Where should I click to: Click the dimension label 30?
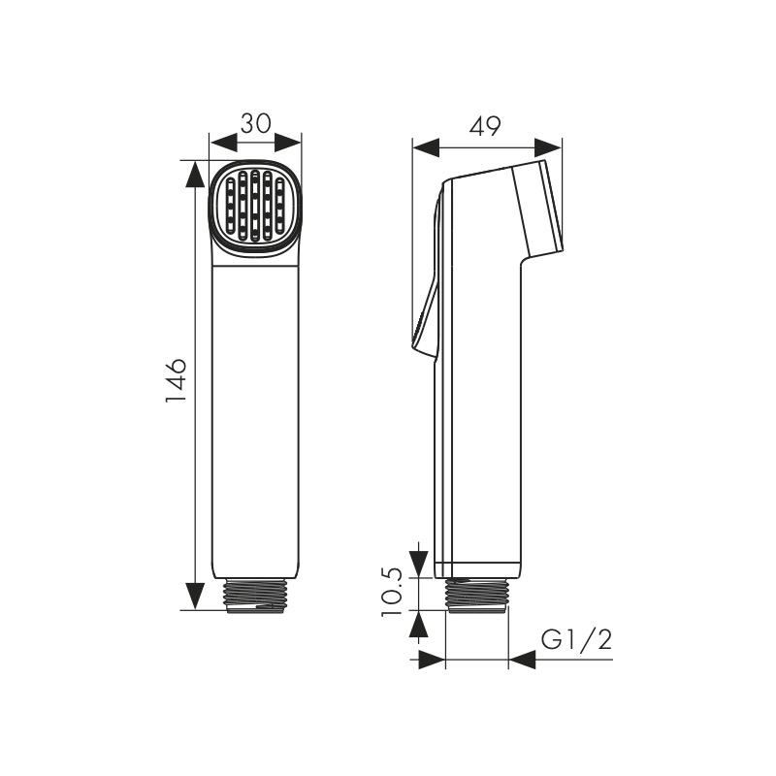click(x=256, y=124)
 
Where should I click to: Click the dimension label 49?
click(x=485, y=127)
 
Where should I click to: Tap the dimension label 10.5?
click(x=392, y=592)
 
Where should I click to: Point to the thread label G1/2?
click(x=576, y=640)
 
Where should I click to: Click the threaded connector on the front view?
click(x=255, y=596)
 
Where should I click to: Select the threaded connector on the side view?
click(x=477, y=595)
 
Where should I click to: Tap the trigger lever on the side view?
click(x=427, y=277)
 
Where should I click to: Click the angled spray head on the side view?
click(x=537, y=208)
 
